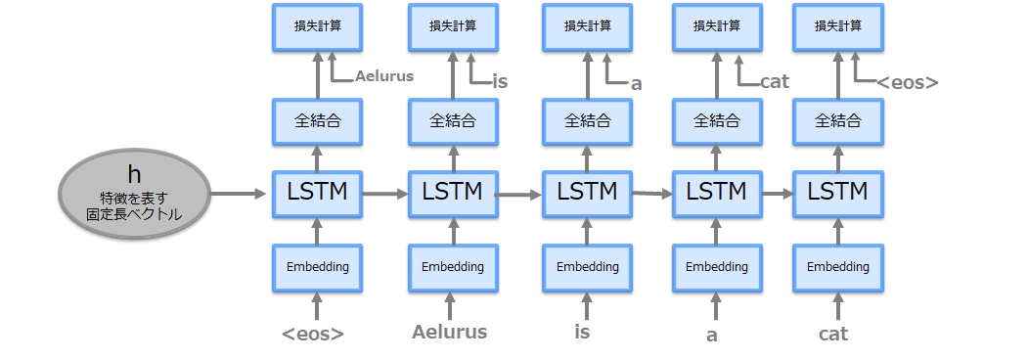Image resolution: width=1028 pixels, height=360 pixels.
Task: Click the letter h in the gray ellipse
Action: (x=134, y=174)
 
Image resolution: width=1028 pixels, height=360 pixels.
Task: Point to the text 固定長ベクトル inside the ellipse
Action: (x=134, y=213)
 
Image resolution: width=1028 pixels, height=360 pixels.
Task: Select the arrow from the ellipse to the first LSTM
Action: (x=239, y=194)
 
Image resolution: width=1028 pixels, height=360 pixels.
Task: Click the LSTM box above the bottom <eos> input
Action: (x=316, y=193)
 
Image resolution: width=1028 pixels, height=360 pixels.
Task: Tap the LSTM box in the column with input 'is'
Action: (x=586, y=193)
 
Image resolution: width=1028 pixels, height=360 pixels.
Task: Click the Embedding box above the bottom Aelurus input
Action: (x=452, y=266)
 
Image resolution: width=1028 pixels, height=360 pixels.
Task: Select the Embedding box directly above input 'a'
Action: (x=715, y=266)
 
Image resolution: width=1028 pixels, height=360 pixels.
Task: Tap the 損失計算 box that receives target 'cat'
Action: (x=715, y=26)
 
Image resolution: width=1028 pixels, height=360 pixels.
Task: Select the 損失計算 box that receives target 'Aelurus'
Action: (x=316, y=26)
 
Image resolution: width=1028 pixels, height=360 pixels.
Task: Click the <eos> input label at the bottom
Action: (x=313, y=334)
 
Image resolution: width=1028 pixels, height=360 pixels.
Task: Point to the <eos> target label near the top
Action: (x=907, y=83)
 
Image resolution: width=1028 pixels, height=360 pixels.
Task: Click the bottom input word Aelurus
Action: (x=450, y=333)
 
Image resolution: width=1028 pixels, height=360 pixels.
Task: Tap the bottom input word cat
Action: (x=833, y=334)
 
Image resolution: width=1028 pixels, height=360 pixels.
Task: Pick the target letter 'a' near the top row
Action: (x=636, y=84)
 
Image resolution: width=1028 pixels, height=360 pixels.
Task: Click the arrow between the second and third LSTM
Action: (x=518, y=195)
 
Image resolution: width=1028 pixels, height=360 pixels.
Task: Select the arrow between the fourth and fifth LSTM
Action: (x=778, y=194)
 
